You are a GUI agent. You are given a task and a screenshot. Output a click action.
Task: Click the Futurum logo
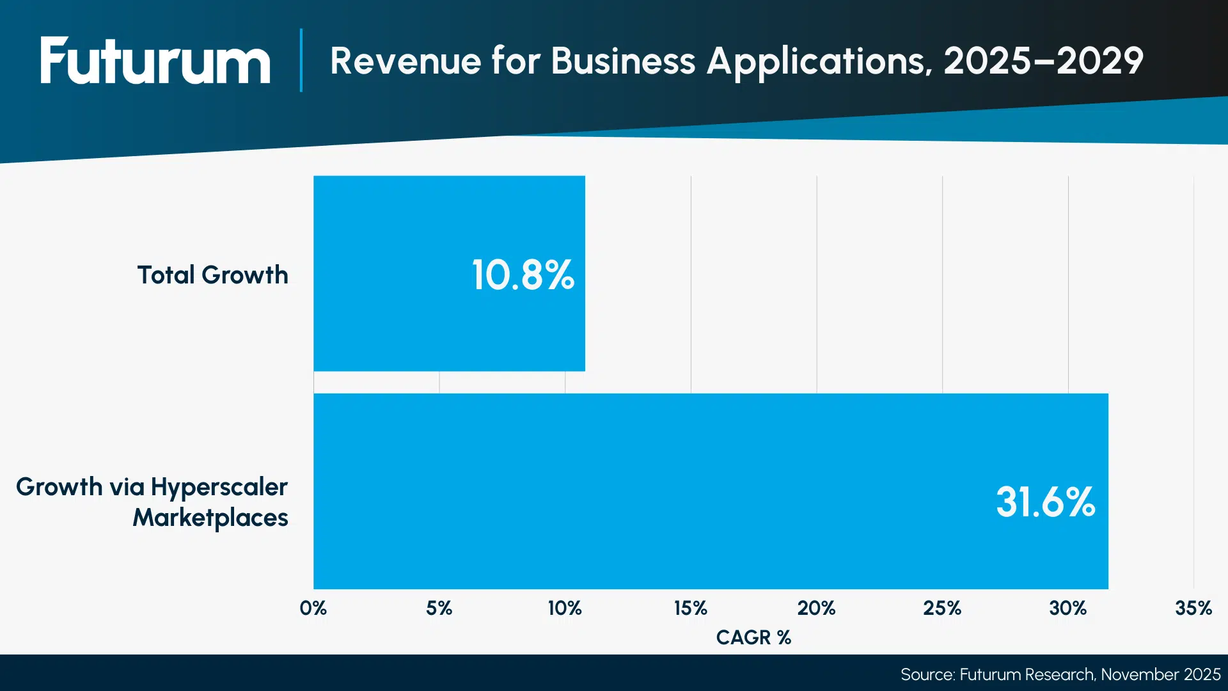point(155,61)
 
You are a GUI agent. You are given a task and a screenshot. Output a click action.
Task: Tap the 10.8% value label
point(523,275)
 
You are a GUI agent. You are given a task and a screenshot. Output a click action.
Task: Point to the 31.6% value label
point(1045,502)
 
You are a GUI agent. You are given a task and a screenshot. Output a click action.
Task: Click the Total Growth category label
point(212,275)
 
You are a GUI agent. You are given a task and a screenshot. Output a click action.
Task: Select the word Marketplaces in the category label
point(210,518)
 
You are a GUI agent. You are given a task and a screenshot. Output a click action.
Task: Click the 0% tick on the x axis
point(313,608)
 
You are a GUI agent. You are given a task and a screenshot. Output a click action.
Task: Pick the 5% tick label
point(439,608)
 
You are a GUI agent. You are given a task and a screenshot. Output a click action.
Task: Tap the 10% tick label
point(565,608)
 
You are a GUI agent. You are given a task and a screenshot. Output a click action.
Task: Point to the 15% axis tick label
point(691,608)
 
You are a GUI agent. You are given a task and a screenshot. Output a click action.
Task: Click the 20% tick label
point(816,608)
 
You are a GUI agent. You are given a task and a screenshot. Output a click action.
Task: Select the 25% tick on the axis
point(942,608)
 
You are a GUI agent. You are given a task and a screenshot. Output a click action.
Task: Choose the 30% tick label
point(1067,608)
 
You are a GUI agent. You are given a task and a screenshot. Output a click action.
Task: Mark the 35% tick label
point(1193,608)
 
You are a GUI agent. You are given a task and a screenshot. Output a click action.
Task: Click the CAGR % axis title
point(753,637)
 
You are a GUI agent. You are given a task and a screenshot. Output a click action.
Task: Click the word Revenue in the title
point(405,61)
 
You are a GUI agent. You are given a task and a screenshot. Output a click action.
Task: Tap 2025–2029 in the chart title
point(1043,61)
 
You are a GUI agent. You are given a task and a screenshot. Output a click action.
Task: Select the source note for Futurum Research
point(1060,674)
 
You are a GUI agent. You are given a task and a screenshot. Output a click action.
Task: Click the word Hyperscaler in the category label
point(219,488)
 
